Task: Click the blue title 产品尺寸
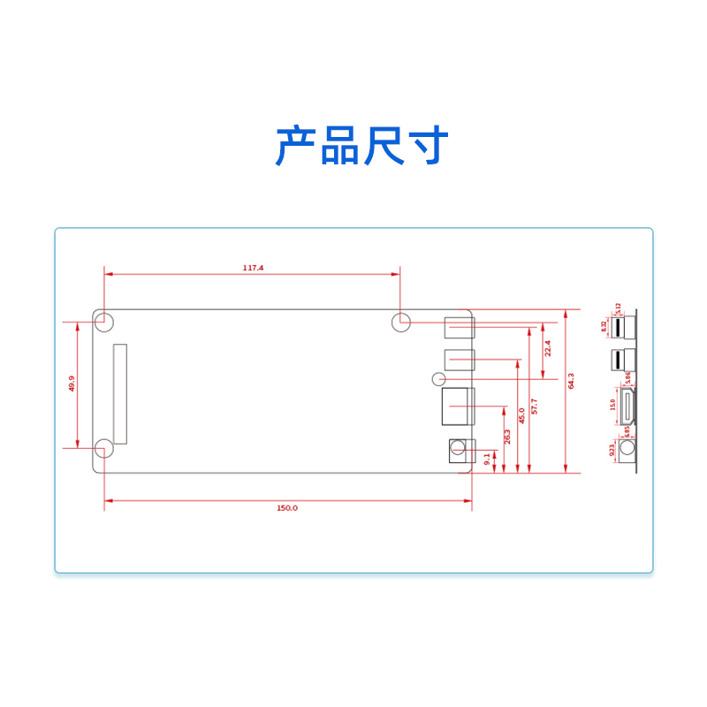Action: [x=362, y=146]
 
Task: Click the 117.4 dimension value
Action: [x=253, y=267]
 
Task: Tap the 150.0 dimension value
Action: [x=287, y=507]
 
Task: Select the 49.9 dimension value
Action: [x=72, y=384]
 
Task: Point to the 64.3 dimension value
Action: [x=571, y=381]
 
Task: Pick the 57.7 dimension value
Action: [x=534, y=407]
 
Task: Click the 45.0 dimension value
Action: [x=521, y=415]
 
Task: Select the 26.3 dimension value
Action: [x=508, y=437]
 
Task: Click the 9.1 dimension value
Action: [x=487, y=458]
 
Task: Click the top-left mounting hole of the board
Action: [x=104, y=323]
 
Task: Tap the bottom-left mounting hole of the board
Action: [x=104, y=448]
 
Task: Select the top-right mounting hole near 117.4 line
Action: [x=400, y=323]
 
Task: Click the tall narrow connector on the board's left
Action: [x=119, y=394]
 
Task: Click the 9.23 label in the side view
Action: [x=612, y=450]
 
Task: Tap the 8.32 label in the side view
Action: [x=604, y=326]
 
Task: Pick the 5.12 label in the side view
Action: [x=619, y=308]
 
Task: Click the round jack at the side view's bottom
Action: [x=627, y=451]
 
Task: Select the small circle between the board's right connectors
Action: [x=438, y=379]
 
